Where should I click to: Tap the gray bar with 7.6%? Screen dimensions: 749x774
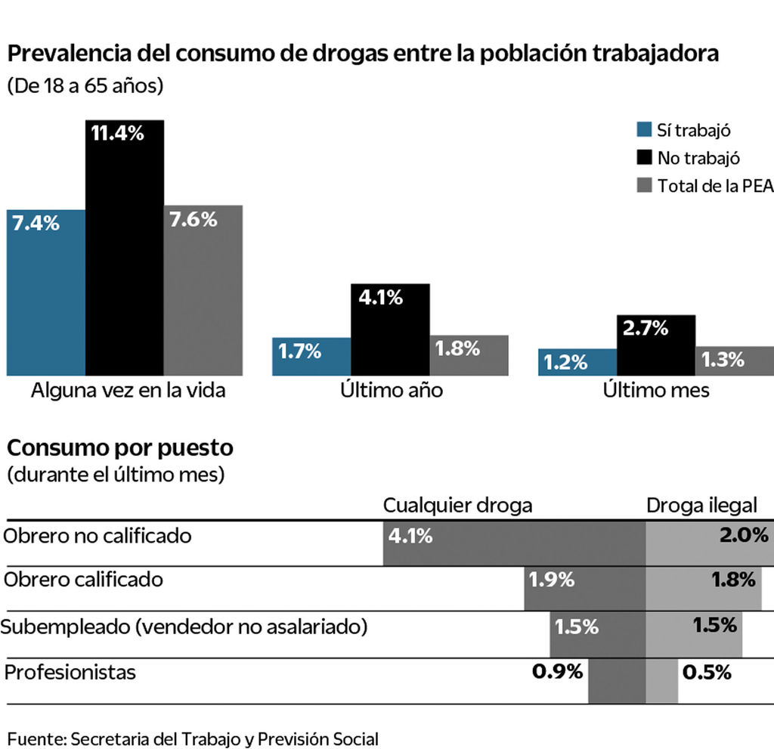click(203, 290)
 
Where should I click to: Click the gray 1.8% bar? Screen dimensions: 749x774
click(469, 355)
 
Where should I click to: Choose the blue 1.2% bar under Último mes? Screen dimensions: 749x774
click(577, 362)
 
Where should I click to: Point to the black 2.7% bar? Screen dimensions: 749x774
click(656, 345)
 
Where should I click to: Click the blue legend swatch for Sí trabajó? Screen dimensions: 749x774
click(644, 129)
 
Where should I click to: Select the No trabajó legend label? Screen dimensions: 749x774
click(698, 158)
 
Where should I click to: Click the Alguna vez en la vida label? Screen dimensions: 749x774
click(128, 392)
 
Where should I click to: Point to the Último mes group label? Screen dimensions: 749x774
click(656, 392)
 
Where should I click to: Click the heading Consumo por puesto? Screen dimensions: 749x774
click(120, 448)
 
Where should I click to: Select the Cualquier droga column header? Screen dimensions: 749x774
click(457, 506)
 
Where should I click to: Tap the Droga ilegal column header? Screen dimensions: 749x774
click(701, 506)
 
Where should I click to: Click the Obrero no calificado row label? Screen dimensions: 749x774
click(98, 536)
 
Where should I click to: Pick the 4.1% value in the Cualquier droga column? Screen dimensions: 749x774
click(410, 537)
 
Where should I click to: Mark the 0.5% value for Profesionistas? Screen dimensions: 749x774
click(707, 672)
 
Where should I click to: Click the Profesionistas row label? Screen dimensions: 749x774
click(70, 672)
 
